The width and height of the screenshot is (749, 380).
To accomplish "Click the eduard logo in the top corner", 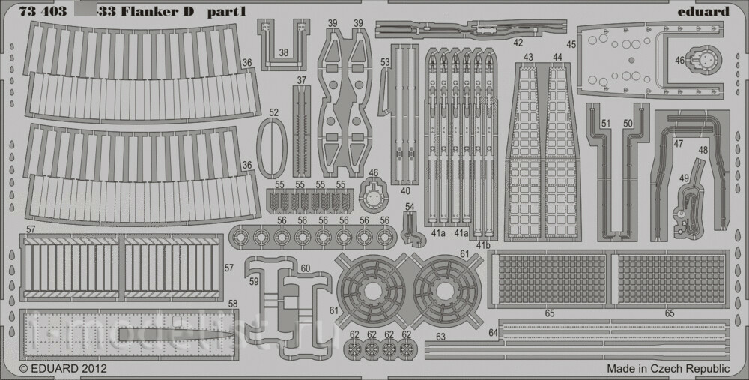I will (703, 11).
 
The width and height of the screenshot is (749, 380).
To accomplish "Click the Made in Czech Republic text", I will (668, 368).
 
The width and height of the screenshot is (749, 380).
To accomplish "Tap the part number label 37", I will (301, 80).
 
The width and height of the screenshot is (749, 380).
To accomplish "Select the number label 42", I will (518, 43).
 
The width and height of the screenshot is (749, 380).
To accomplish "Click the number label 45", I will (571, 44).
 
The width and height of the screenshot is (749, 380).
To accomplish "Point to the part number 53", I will (385, 62).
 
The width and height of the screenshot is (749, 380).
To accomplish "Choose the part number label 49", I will (685, 178).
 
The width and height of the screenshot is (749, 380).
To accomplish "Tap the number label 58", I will (233, 304).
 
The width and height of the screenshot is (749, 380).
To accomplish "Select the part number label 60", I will (305, 268).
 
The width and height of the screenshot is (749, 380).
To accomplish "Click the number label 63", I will (440, 338).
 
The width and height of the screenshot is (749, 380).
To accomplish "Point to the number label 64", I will (493, 332).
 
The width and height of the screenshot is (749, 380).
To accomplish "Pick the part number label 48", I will (703, 150).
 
